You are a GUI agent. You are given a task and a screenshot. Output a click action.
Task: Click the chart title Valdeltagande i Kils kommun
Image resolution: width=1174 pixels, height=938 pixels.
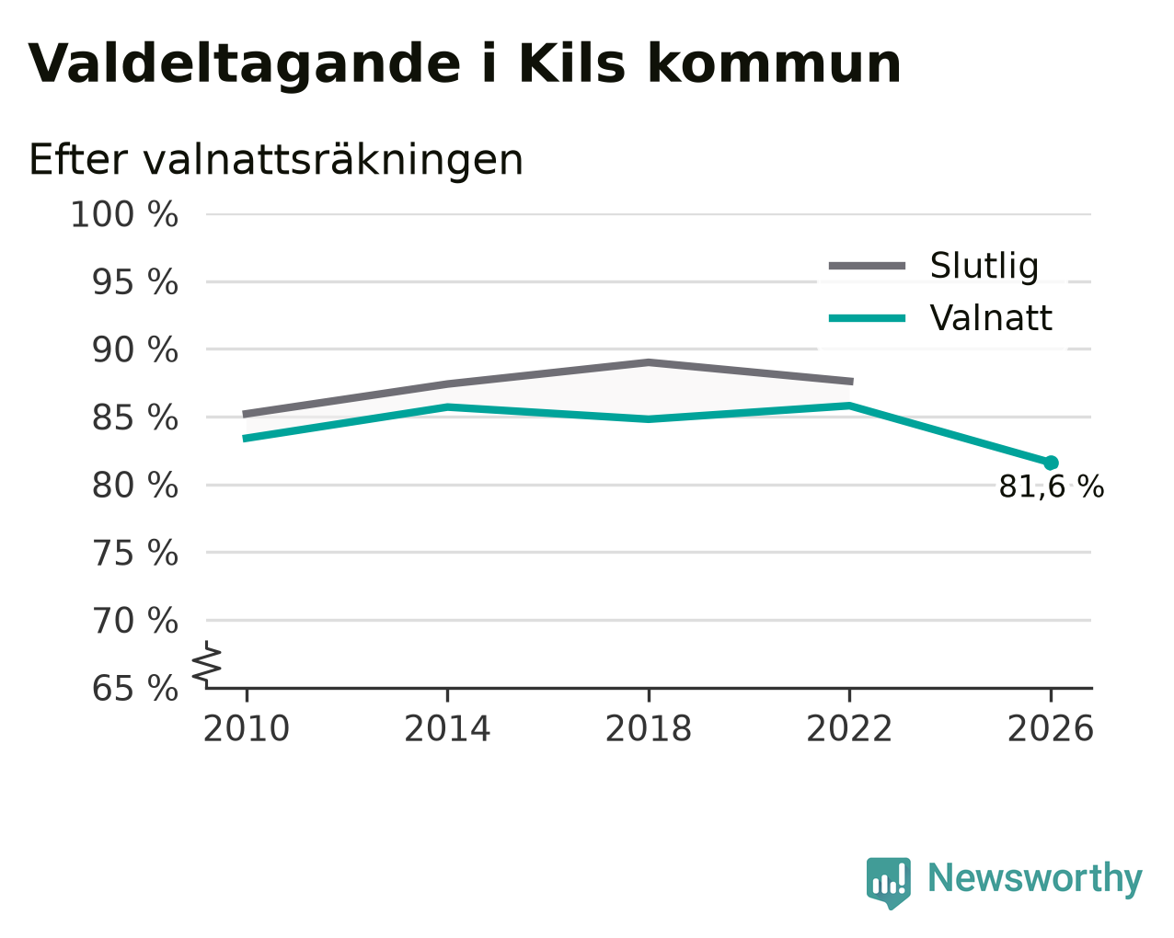pyautogui.click(x=465, y=65)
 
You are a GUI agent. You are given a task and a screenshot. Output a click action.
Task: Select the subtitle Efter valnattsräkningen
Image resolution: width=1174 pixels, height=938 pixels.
pyautogui.click(x=276, y=160)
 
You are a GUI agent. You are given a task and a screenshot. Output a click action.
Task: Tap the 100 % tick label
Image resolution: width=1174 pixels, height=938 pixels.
pyautogui.click(x=124, y=214)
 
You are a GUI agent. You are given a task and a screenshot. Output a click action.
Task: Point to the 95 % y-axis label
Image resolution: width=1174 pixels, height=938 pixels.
pyautogui.click(x=134, y=282)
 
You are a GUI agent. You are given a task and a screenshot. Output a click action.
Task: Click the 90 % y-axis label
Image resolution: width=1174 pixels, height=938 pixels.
pyautogui.click(x=134, y=349)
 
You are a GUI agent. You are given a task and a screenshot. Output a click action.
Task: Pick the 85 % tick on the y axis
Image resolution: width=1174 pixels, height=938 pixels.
pyautogui.click(x=134, y=418)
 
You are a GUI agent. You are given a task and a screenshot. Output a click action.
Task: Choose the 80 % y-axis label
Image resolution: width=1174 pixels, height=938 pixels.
pyautogui.click(x=134, y=486)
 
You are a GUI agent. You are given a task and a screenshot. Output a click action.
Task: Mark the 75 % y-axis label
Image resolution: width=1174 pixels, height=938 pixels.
pyautogui.click(x=134, y=553)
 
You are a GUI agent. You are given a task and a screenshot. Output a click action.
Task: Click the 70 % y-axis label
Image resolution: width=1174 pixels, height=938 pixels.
pyautogui.click(x=134, y=621)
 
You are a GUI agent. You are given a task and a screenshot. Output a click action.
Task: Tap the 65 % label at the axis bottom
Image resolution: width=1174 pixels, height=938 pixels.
pyautogui.click(x=134, y=688)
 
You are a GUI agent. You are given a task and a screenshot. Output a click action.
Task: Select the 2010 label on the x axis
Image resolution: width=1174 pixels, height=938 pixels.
pyautogui.click(x=247, y=728)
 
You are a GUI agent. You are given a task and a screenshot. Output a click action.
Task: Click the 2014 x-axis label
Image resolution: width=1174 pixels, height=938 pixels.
pyautogui.click(x=447, y=728)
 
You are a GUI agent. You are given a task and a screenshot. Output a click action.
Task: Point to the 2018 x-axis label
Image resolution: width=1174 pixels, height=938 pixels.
pyautogui.click(x=649, y=728)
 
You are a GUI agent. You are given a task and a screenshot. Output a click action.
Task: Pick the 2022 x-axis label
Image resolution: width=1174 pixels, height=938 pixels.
pyautogui.click(x=849, y=728)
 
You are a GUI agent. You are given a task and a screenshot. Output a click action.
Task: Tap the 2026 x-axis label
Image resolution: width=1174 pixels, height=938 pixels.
pyautogui.click(x=1051, y=728)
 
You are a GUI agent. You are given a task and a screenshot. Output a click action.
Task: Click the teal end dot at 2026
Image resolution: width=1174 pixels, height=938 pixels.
pyautogui.click(x=1051, y=463)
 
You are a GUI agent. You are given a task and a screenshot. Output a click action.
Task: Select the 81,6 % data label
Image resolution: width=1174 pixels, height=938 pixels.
pyautogui.click(x=1052, y=486)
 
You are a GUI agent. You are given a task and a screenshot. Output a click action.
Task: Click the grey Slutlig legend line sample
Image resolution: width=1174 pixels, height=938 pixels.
pyautogui.click(x=867, y=266)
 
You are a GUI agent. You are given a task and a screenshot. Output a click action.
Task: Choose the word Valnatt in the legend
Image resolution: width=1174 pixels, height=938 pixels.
pyautogui.click(x=991, y=318)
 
